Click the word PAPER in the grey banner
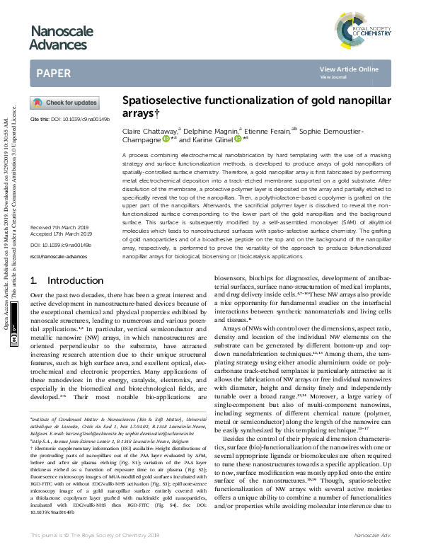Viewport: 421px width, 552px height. click(x=53, y=72)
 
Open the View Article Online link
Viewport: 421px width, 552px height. click(x=349, y=69)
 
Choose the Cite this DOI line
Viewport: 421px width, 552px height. click(x=69, y=120)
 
